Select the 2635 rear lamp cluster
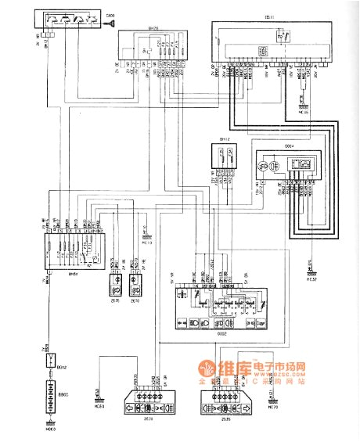(x=221, y=408)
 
